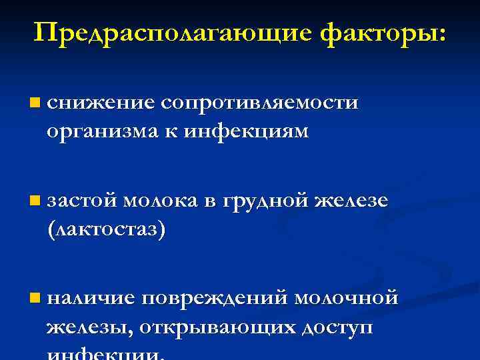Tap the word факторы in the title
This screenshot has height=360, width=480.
[383, 33]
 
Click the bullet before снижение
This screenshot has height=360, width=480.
[35, 103]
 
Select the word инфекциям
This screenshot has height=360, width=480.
[256, 131]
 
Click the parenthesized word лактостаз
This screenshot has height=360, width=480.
[106, 229]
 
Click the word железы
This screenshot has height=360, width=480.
[89, 327]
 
